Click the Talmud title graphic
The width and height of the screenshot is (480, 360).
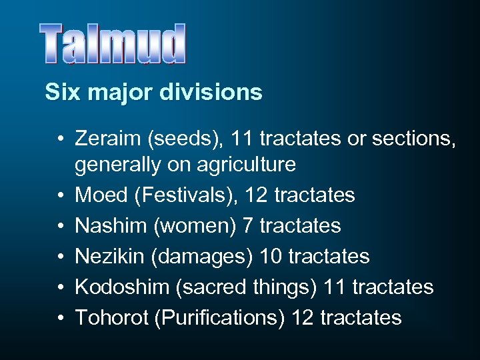[112, 45]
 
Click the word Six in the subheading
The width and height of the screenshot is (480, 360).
[58, 92]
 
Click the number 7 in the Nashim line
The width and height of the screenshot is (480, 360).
[247, 225]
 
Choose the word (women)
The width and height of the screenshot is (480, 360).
[195, 225]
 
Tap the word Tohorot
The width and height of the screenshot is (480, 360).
[110, 317]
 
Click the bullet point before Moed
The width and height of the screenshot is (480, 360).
[60, 195]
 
